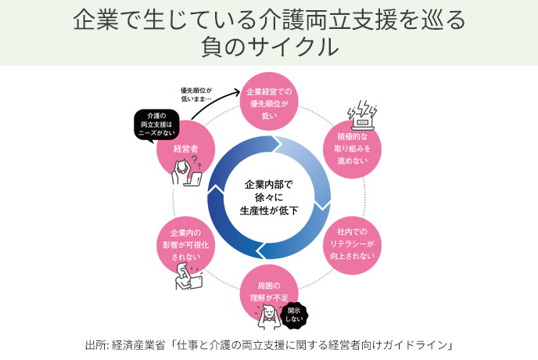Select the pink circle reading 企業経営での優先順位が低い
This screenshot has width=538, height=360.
(x=269, y=102)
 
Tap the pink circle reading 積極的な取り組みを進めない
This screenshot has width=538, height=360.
(x=352, y=149)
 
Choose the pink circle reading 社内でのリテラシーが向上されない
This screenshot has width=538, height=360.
(x=352, y=245)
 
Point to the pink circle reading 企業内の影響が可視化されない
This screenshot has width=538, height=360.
(x=186, y=245)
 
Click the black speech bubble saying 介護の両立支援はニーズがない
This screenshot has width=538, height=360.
(x=156, y=124)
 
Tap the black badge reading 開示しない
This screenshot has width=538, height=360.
(x=294, y=315)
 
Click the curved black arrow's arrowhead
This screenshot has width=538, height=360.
(x=237, y=92)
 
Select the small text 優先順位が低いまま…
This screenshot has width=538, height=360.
(x=196, y=95)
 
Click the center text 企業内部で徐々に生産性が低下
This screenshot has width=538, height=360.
(x=269, y=197)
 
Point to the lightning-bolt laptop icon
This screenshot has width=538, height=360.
(x=362, y=115)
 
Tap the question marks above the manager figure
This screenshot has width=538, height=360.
(x=196, y=162)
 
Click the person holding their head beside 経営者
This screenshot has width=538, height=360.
(x=181, y=172)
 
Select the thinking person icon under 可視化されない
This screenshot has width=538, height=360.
(x=188, y=276)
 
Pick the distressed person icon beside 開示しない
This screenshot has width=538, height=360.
(x=268, y=317)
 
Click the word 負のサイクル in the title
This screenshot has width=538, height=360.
(x=270, y=48)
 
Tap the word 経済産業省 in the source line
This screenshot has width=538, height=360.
(x=138, y=345)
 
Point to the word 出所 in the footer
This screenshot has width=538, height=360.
(x=95, y=345)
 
